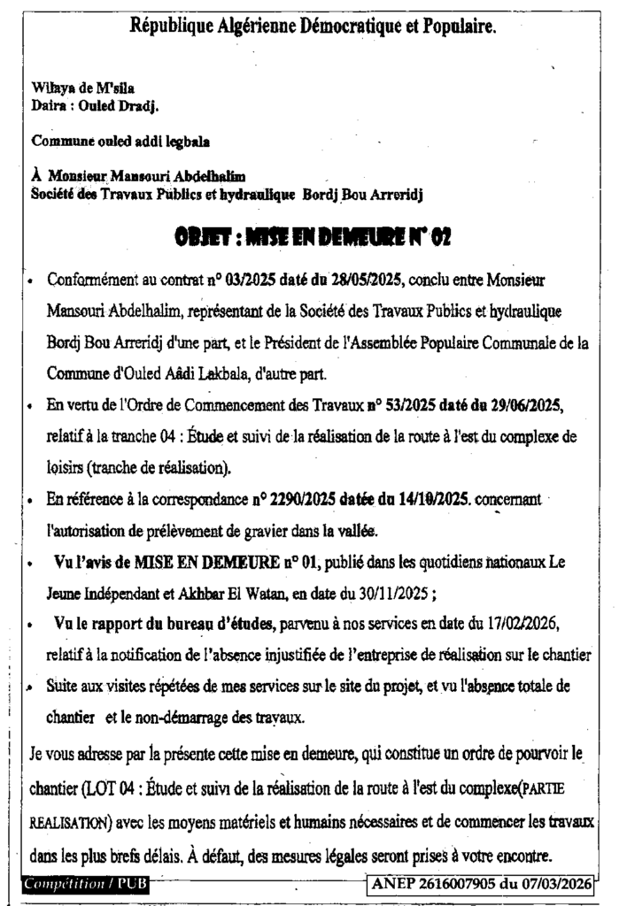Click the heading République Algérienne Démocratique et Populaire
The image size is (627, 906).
tap(313, 27)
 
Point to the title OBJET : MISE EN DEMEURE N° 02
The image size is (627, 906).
tap(313, 236)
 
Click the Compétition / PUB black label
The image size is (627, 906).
tap(86, 884)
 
